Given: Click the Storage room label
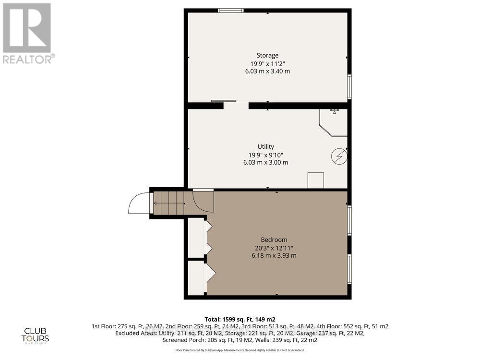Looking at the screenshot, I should click(267, 55).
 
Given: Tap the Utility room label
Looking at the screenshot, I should click(265, 146).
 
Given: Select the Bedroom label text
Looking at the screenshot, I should click(274, 240).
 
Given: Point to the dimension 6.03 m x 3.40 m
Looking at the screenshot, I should click(267, 71).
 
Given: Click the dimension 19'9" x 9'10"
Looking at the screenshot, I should click(265, 155).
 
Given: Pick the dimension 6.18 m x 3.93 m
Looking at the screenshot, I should click(274, 255).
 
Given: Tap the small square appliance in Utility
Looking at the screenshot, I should click(315, 180).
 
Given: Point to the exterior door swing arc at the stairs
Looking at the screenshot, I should click(139, 204).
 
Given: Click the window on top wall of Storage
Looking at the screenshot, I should click(230, 10).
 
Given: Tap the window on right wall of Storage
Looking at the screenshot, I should click(349, 86).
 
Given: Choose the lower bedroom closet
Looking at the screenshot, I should click(196, 277).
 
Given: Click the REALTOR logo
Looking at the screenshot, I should click(27, 33).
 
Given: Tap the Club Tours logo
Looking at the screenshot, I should click(36, 334).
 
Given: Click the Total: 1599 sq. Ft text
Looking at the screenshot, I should click(240, 319).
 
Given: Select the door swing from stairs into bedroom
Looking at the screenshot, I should click(203, 201).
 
